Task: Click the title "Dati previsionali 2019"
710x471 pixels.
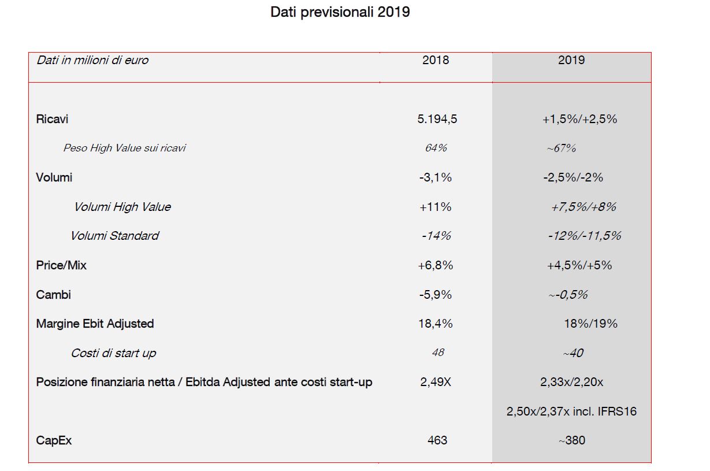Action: tap(340, 12)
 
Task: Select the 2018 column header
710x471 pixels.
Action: tap(436, 60)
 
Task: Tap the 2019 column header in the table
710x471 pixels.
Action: tap(571, 60)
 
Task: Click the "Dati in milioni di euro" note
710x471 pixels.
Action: tap(92, 60)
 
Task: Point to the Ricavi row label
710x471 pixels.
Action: tap(52, 119)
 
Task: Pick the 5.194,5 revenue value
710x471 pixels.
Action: tap(437, 119)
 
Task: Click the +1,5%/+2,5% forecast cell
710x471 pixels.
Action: tap(580, 119)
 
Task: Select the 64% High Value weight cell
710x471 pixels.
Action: tap(436, 148)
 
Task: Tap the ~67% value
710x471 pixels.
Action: tap(562, 148)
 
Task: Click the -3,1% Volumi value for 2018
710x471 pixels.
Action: tap(436, 177)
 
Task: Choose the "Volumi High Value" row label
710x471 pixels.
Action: tap(122, 207)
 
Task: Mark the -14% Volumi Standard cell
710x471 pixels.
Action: tap(436, 236)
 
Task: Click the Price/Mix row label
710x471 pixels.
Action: tap(61, 265)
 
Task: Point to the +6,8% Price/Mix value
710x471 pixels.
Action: tap(436, 265)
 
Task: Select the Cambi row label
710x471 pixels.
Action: tap(53, 295)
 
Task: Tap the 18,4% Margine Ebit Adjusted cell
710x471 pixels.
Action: tap(436, 324)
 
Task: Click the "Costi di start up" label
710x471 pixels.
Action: tap(113, 353)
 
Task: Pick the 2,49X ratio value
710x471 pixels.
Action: tap(436, 382)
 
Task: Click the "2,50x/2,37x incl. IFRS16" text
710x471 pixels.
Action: tap(571, 411)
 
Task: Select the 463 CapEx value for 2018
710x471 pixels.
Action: tap(437, 440)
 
